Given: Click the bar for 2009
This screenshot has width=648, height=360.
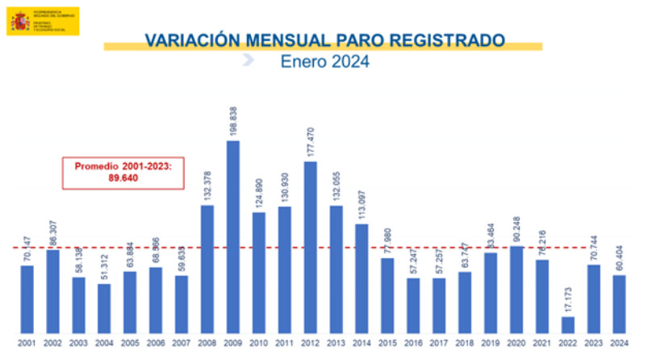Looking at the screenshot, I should click(232, 237).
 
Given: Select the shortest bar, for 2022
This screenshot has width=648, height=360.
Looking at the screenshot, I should click(567, 324).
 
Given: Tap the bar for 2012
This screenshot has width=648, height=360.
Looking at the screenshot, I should click(310, 247).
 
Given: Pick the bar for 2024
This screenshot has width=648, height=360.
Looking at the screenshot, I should click(619, 303).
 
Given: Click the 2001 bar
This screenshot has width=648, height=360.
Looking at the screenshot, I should click(27, 299).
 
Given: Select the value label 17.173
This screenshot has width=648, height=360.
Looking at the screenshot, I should click(567, 295).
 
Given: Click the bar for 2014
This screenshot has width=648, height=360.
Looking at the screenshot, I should click(362, 278).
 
